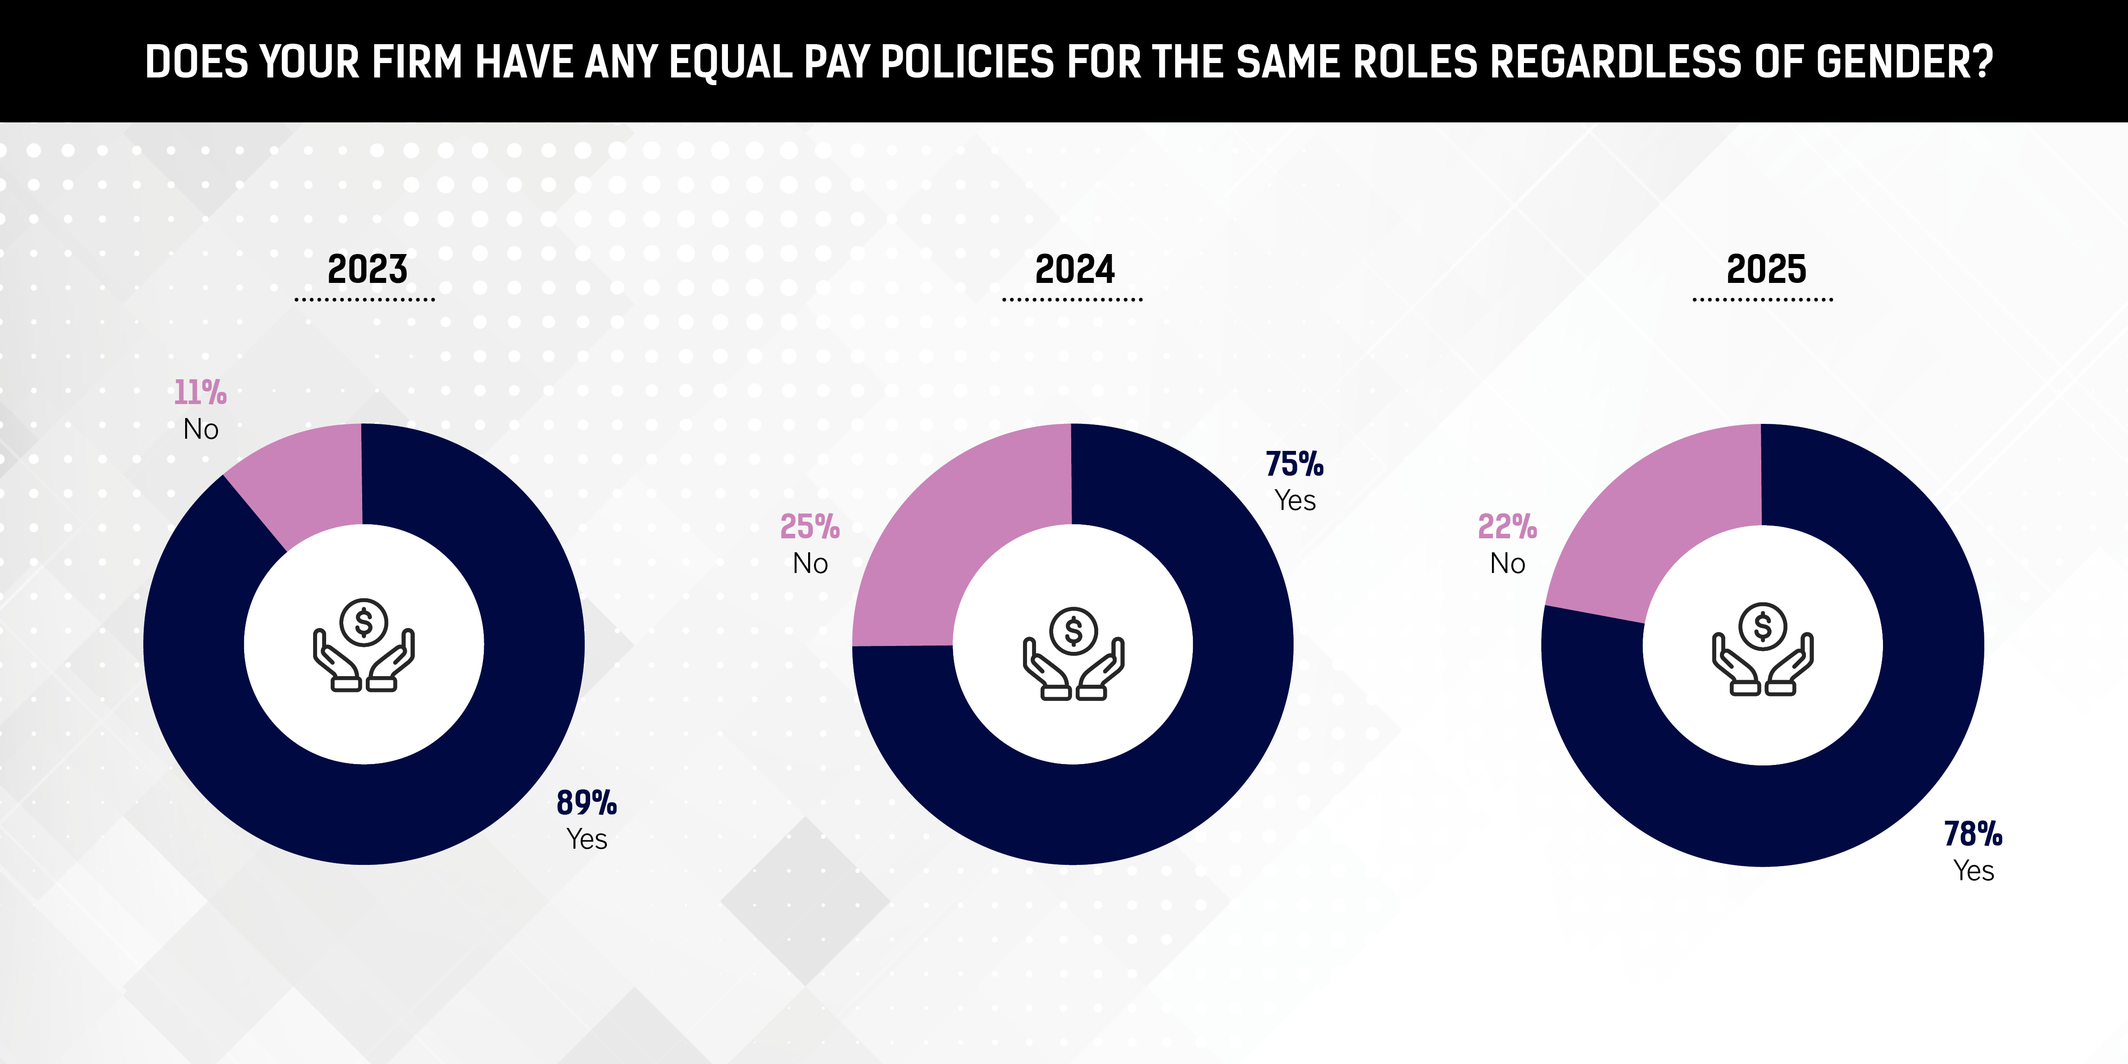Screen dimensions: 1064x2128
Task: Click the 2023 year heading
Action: coord(368,269)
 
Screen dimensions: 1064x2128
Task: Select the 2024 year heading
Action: coord(1075,269)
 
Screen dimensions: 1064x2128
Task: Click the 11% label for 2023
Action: coord(200,392)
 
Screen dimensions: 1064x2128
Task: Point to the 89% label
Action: coord(587,802)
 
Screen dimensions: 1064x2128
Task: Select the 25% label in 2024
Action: coord(809,526)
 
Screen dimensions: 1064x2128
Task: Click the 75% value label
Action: coord(1295,464)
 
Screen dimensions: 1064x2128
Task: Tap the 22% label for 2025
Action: coord(1507,526)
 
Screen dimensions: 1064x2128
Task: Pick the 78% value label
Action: coord(1973,833)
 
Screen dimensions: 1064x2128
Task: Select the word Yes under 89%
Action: coord(587,839)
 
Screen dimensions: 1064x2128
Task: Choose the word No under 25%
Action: coord(809,564)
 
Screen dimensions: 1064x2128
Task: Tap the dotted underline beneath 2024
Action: coord(1072,299)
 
